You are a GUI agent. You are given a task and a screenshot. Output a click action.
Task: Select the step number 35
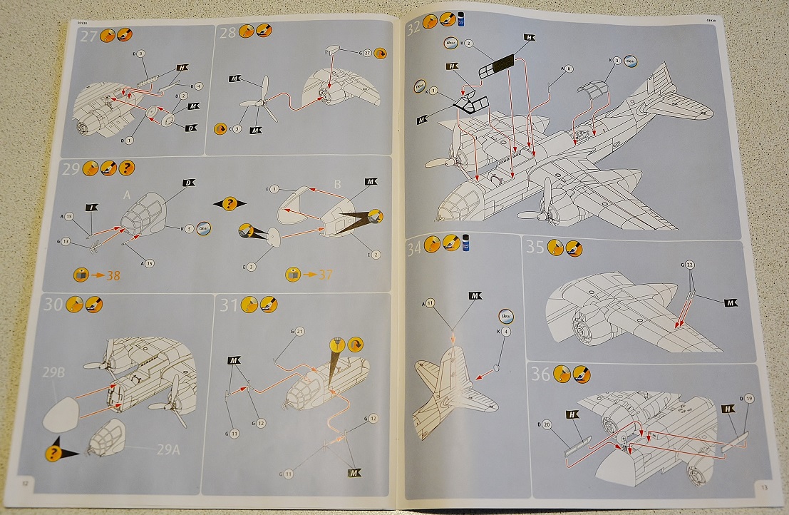(x=535, y=248)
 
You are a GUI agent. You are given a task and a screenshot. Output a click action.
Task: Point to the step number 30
(x=53, y=305)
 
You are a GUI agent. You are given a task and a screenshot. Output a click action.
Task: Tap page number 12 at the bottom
(x=25, y=483)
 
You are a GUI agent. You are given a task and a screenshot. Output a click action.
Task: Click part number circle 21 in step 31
(x=299, y=332)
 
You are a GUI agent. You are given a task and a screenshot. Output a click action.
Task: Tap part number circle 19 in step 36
(x=748, y=399)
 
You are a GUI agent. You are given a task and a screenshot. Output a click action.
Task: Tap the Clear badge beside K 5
(x=203, y=230)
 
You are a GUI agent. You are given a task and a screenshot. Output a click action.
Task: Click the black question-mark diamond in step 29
(x=230, y=204)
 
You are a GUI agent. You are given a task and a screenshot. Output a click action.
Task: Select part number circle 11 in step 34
(x=430, y=303)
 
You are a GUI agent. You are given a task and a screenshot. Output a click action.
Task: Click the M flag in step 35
(x=730, y=303)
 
